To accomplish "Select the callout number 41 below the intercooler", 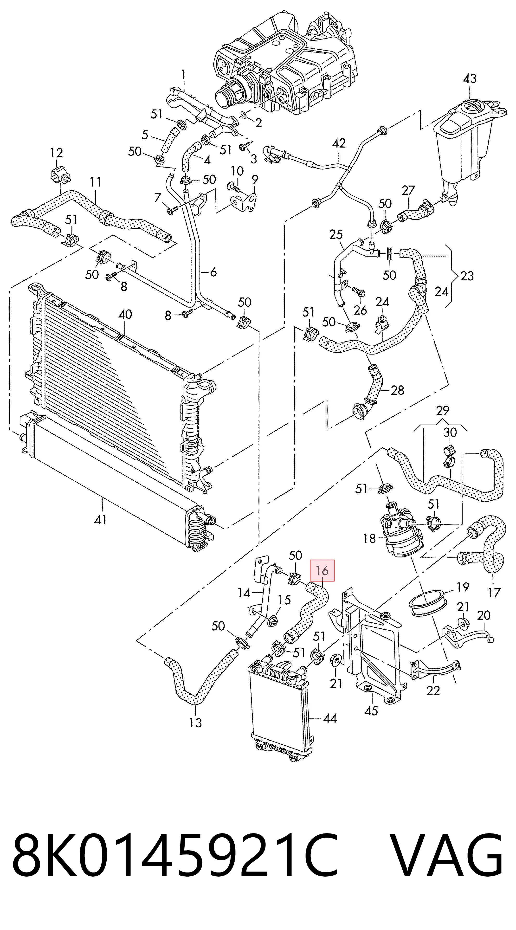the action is [100, 519].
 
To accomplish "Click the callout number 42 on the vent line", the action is [338, 143].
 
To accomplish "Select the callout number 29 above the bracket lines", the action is [442, 411].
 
